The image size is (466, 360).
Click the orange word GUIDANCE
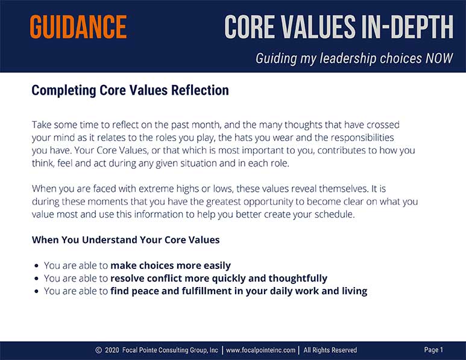coord(78,27)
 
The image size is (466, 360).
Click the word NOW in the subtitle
coord(439,58)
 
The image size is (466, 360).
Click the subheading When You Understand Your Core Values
coord(126,240)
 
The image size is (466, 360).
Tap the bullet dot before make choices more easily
coord(37,265)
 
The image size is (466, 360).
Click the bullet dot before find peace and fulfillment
coord(37,291)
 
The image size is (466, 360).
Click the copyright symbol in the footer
coord(99,350)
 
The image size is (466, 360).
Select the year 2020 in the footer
coord(112,350)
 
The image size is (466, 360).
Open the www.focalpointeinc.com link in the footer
coord(260,350)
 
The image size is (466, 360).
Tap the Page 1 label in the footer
coord(433,350)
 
